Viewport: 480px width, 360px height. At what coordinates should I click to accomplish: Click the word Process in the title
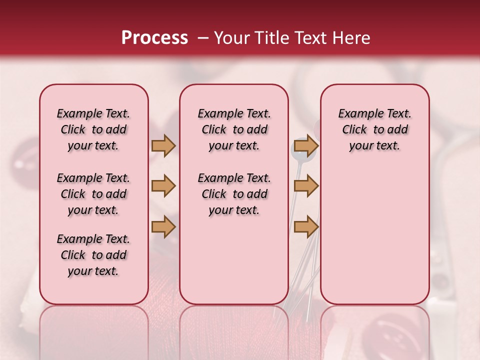click(x=154, y=38)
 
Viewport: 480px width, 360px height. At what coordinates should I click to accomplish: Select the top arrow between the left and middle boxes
click(x=163, y=146)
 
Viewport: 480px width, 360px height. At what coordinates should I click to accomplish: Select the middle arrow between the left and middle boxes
click(x=163, y=186)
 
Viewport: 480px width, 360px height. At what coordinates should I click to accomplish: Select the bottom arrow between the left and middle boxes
click(x=163, y=227)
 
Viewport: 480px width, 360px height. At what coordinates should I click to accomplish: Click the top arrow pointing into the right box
click(x=306, y=146)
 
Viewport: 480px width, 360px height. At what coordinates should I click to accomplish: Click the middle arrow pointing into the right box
click(x=306, y=186)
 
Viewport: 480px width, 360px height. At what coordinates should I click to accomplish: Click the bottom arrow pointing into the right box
click(x=306, y=227)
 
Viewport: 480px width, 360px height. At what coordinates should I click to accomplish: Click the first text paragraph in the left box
click(x=93, y=129)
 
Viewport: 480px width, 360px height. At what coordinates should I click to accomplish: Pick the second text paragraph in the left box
click(x=93, y=194)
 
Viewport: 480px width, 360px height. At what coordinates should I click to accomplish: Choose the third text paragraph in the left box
click(x=93, y=255)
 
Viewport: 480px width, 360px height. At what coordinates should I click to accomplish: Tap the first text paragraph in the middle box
click(x=234, y=129)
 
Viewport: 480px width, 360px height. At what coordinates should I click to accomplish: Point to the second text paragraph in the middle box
click(x=234, y=194)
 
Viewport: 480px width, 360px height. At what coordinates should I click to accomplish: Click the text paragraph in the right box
click(x=374, y=129)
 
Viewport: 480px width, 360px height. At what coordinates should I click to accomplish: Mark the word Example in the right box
click(x=357, y=114)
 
